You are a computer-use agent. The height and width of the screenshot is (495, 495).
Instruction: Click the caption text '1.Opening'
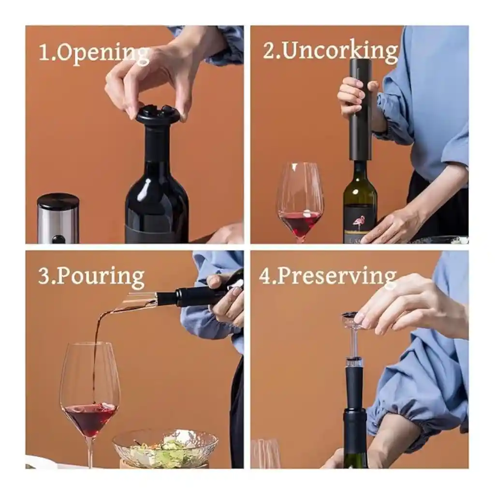(94, 54)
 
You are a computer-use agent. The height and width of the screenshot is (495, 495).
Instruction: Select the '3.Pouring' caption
(91, 277)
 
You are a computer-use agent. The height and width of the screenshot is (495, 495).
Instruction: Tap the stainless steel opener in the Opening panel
(58, 218)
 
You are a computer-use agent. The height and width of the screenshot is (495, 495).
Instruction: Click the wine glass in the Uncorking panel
(300, 202)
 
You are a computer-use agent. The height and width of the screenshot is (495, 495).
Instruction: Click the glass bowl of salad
(165, 447)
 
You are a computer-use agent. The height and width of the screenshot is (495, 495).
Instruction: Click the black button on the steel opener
(58, 239)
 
